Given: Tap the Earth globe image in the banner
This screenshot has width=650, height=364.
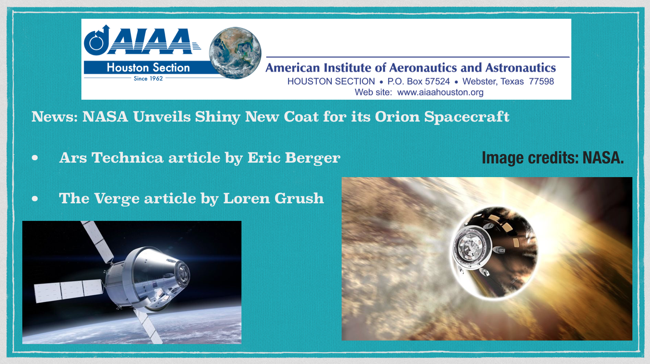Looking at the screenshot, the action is click(x=235, y=53).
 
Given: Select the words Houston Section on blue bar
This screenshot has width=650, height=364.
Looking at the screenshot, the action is click(x=148, y=68).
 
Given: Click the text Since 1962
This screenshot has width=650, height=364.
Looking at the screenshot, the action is click(x=148, y=79).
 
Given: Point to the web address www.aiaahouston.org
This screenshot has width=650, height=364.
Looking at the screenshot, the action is click(x=440, y=92).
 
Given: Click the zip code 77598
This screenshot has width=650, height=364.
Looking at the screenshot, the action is click(x=542, y=81).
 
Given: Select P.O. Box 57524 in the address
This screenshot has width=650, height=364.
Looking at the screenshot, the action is click(x=419, y=81).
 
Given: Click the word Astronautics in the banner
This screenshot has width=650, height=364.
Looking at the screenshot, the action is click(x=520, y=68).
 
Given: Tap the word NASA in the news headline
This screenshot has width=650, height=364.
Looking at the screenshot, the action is click(x=105, y=117).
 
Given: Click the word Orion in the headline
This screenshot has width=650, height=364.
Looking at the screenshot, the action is click(x=397, y=117).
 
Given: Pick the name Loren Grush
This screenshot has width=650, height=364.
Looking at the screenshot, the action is click(x=274, y=199).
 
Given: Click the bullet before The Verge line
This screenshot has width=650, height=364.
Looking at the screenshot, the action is click(x=35, y=199).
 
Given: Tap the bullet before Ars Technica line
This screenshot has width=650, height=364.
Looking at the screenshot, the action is click(x=35, y=158).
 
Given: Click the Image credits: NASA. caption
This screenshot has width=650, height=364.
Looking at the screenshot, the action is click(x=553, y=158).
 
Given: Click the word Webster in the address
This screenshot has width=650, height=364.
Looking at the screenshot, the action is click(x=479, y=81).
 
